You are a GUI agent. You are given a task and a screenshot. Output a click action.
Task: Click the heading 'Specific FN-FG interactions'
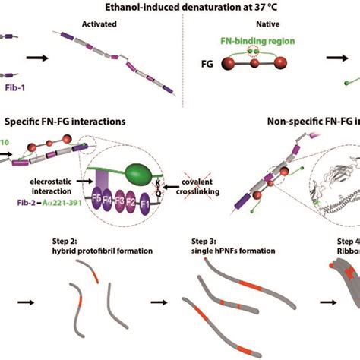click(x=66, y=121)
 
